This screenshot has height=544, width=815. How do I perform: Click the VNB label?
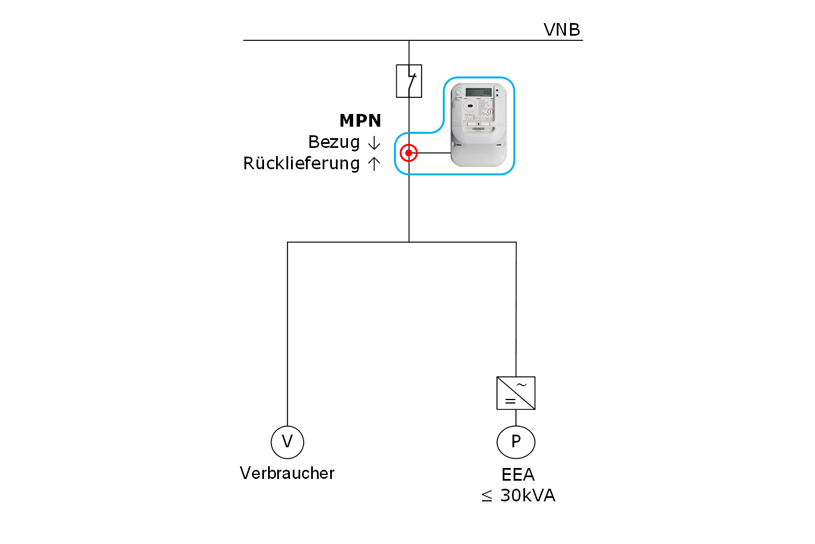[561, 30]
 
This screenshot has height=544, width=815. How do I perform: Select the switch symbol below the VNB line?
[409, 81]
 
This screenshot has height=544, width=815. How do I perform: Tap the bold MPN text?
[360, 121]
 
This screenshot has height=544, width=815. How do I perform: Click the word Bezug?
[334, 142]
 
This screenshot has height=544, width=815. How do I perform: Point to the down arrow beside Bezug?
[374, 143]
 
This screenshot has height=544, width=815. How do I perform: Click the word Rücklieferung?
[301, 163]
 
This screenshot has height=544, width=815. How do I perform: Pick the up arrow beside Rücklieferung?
[374, 164]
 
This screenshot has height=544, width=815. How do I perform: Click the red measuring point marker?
[409, 153]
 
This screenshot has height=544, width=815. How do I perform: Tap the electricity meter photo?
[479, 124]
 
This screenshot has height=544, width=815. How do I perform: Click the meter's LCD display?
[478, 92]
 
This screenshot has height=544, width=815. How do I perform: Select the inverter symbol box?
[516, 393]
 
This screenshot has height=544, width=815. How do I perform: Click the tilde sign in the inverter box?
[522, 385]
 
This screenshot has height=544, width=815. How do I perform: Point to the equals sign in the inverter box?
[510, 401]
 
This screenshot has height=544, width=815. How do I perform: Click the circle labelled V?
[287, 442]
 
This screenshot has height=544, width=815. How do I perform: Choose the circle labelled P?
[516, 442]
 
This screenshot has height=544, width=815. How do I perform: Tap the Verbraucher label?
[287, 473]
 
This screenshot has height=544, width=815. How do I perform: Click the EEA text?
[518, 475]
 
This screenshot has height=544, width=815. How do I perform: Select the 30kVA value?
[527, 496]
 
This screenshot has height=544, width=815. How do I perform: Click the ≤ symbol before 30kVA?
[487, 496]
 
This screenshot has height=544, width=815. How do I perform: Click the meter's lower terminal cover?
[479, 154]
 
